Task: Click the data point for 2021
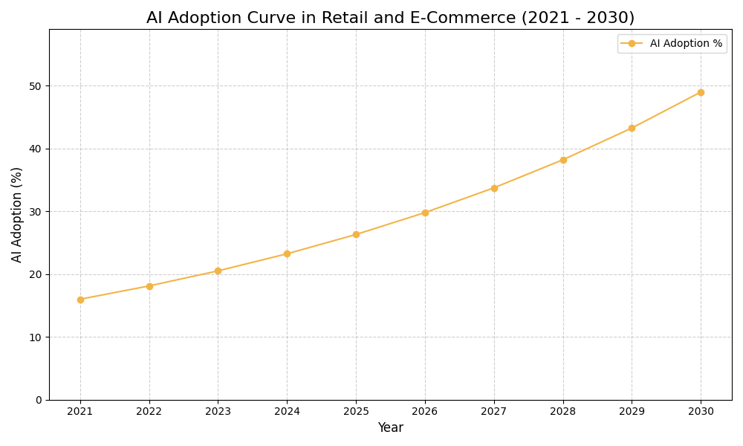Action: pos(80,300)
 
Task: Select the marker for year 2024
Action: pos(287,253)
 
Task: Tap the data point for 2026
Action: pos(425,213)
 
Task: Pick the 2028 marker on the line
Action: pos(563,160)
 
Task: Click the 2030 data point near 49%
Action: pos(701,92)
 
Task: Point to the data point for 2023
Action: pos(218,271)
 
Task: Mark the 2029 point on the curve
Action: pos(632,128)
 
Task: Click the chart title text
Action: pos(390,18)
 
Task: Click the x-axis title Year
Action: pos(390,428)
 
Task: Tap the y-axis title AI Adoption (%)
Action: pos(17,214)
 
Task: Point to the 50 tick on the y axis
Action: pos(36,86)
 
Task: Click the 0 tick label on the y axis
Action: pos(39,400)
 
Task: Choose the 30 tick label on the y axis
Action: pos(36,212)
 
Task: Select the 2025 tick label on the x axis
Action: pos(356,411)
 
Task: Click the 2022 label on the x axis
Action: pos(149,411)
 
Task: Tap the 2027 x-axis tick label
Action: pos(494,411)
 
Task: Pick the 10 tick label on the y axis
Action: pos(36,337)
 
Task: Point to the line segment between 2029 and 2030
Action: pos(666,110)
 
